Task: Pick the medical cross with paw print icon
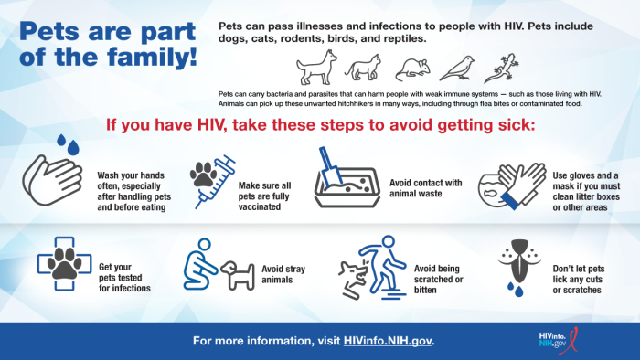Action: (63, 265)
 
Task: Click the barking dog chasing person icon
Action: (366, 269)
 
